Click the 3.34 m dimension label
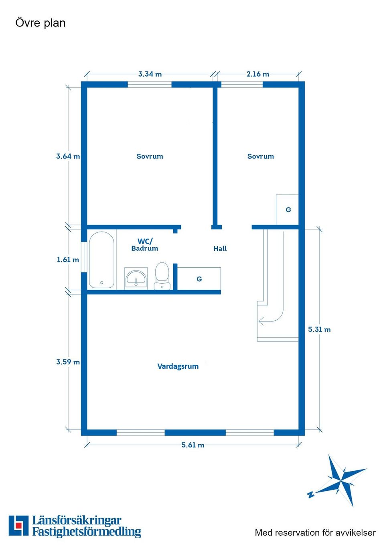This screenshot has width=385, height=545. tap(150, 74)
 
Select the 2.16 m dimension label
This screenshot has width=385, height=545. tap(258, 74)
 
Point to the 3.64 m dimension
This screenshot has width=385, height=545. tap(68, 157)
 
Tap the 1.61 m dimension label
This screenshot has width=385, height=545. tap(68, 260)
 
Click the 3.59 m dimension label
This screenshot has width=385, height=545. tap(68, 362)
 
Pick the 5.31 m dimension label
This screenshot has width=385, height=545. tap(319, 329)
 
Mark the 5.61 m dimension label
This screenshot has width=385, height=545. tap(192, 445)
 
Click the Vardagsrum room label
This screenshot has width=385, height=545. tap(178, 366)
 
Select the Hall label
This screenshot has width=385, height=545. tap(220, 249)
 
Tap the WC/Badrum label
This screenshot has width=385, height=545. tap(145, 245)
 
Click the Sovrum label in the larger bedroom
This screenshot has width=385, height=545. tap(150, 157)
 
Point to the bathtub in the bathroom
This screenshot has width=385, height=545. tap(101, 260)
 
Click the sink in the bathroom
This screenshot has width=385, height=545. tap(136, 278)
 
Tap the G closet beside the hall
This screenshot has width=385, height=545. tap(199, 279)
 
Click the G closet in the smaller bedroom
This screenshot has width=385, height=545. tap(288, 210)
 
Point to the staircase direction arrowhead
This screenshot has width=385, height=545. tap(261, 321)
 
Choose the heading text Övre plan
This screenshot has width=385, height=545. tap(41, 23)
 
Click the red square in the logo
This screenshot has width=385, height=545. tap(18, 525)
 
